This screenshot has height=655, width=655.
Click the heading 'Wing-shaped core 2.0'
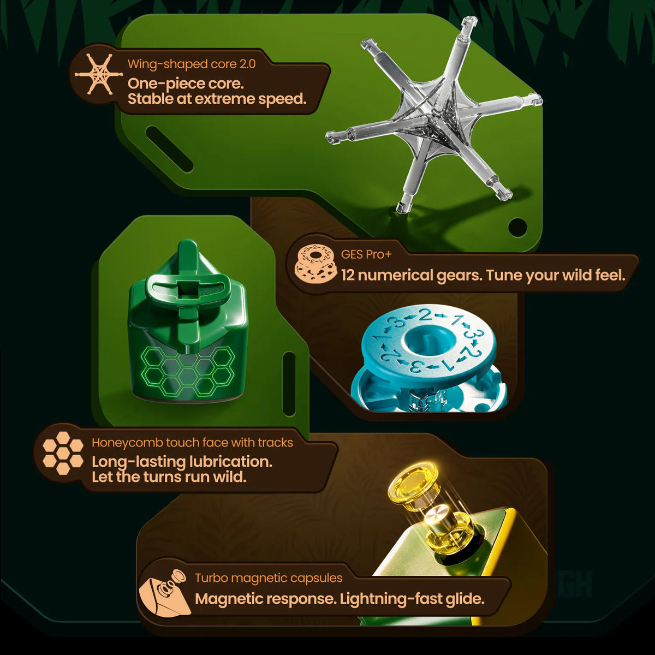point(192,64)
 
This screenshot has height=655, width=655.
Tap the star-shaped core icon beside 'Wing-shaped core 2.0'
point(99,74)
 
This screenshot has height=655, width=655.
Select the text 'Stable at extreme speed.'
point(217,99)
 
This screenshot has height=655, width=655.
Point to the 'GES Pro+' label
point(366,254)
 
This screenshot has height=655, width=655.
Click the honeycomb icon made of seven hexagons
point(63,453)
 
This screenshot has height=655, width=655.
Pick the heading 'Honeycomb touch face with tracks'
point(192,443)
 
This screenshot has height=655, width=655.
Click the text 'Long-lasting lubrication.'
point(182,462)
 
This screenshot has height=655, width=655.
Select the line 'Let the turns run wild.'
point(169,477)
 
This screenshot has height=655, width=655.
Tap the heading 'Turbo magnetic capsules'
point(269,577)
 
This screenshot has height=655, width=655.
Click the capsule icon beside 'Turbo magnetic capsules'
point(163,593)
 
